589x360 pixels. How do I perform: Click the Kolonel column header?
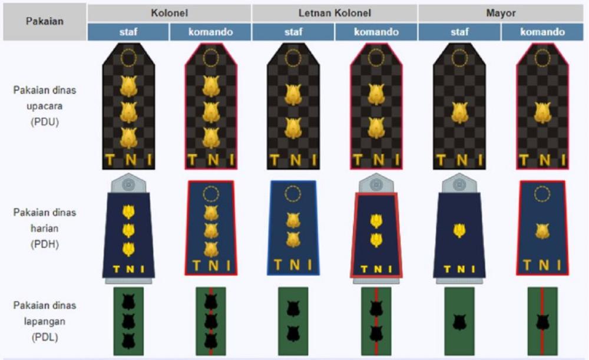click(x=169, y=13)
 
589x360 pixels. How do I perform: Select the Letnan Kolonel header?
click(x=335, y=13)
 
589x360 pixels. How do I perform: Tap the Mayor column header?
click(x=501, y=13)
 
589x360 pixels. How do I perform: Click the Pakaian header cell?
click(x=45, y=21)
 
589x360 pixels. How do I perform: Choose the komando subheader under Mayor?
click(x=542, y=32)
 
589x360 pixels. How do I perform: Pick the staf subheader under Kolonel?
click(x=128, y=32)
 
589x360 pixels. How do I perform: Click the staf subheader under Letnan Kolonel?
click(x=293, y=32)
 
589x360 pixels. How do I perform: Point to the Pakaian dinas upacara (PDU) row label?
click(x=45, y=106)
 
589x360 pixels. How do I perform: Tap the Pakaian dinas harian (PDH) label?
click(x=45, y=228)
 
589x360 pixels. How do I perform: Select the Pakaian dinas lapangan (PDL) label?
click(x=45, y=321)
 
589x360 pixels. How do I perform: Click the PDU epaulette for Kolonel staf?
click(x=128, y=106)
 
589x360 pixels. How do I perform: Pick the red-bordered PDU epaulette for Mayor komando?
click(x=542, y=106)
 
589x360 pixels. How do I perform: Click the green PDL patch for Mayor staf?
click(x=459, y=321)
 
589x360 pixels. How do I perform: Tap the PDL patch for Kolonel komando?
click(x=211, y=321)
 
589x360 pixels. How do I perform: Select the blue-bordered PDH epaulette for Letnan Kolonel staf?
click(x=293, y=227)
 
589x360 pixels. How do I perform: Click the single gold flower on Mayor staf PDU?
click(x=459, y=113)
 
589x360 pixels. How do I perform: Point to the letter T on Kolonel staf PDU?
click(x=110, y=160)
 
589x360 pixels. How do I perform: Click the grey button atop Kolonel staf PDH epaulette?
click(x=128, y=184)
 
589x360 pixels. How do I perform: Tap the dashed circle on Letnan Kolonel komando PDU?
click(x=376, y=58)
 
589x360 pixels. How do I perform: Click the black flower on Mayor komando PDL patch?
click(x=542, y=322)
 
